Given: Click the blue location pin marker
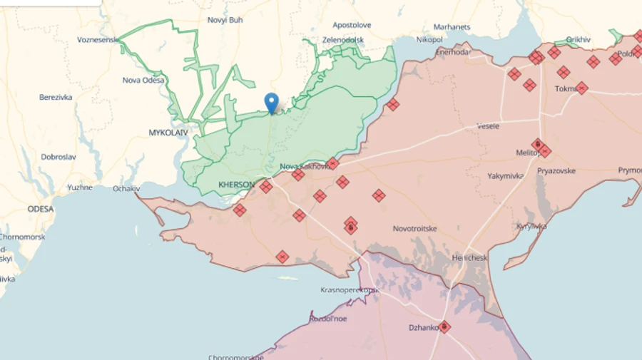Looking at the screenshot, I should (x=271, y=103).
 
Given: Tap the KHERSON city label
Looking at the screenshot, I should (x=236, y=185).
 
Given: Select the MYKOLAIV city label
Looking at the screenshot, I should (x=168, y=133).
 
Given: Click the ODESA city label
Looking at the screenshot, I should (x=41, y=209).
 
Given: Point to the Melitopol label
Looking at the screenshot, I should (x=529, y=153).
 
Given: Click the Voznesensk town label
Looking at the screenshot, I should (x=98, y=40).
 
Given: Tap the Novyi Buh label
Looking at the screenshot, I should (x=225, y=20).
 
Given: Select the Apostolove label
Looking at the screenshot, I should (x=352, y=25).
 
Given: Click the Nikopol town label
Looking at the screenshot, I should (x=429, y=39).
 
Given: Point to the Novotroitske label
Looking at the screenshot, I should (x=415, y=229).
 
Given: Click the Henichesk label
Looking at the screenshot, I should (x=470, y=257).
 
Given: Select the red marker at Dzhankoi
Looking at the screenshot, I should (x=444, y=326).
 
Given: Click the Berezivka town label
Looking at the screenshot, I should (x=56, y=97).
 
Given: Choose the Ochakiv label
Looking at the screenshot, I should (x=126, y=189).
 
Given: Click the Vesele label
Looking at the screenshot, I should (x=488, y=126).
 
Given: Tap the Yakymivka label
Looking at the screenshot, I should (x=506, y=175).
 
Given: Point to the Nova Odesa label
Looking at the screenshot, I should (x=143, y=80).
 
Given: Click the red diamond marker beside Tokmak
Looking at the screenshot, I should (x=581, y=88).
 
